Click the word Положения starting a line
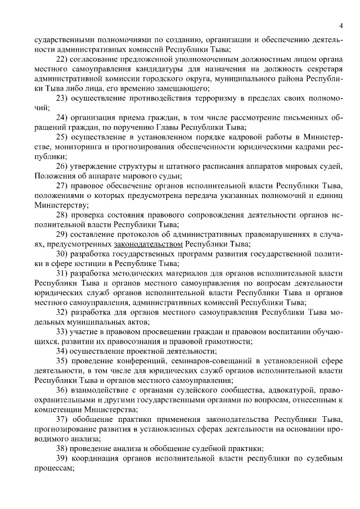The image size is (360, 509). (53, 177)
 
